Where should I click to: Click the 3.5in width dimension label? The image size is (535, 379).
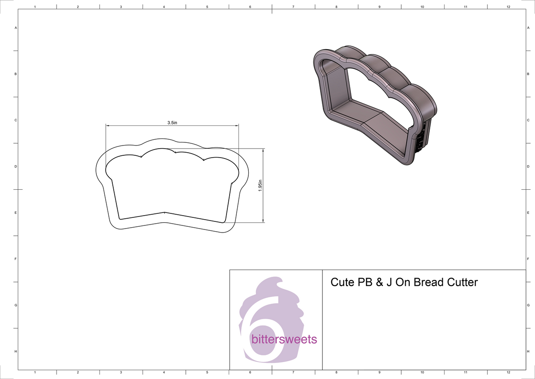172,123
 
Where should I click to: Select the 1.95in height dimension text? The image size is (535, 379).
260,185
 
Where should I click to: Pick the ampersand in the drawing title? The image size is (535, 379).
379,282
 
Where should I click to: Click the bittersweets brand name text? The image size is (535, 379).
284,339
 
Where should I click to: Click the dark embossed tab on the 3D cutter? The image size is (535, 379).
420,141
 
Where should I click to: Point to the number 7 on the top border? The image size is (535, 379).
293,8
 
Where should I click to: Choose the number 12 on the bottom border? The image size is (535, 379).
508,372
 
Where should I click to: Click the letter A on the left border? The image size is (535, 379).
16,28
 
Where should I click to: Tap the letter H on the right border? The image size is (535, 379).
527,352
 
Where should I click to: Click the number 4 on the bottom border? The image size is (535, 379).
164,372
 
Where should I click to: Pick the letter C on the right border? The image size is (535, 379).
527,120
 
